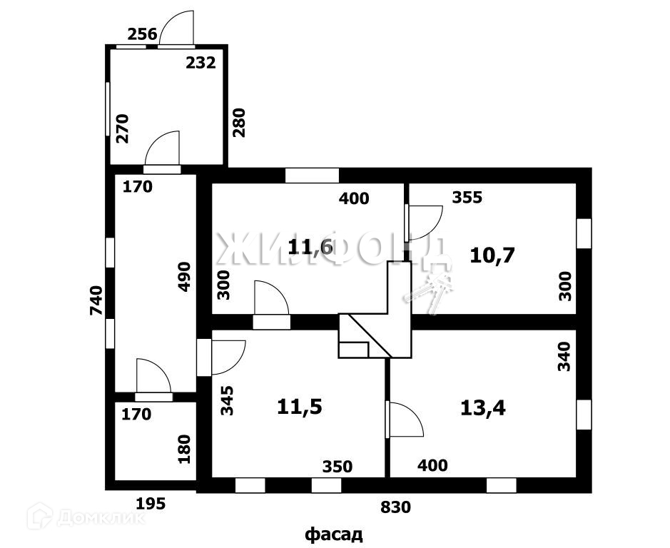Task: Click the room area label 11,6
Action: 310,248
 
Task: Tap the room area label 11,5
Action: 300,407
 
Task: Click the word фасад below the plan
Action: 334,534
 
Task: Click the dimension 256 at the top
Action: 142,34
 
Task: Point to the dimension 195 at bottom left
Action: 151,504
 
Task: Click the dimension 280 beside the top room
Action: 238,122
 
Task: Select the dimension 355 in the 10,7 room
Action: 467,198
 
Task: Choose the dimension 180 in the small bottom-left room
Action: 184,450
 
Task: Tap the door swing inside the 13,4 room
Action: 405,420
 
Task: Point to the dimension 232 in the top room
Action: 201,63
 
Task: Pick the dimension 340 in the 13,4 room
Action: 564,356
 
